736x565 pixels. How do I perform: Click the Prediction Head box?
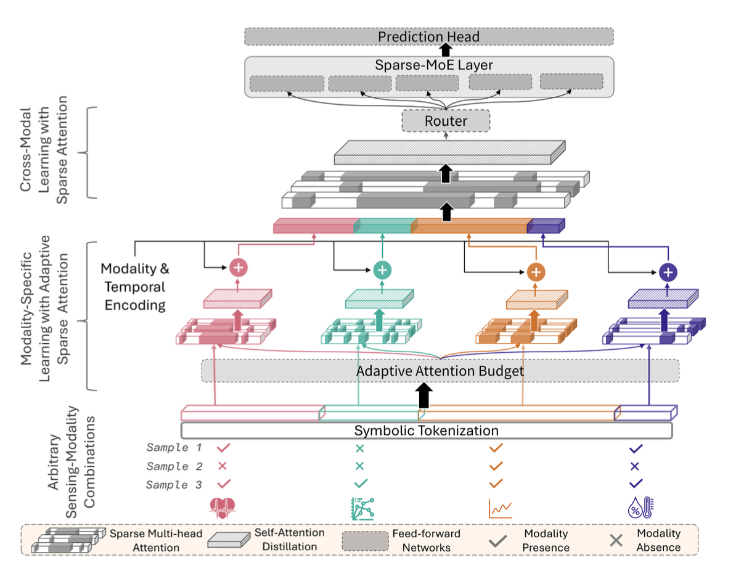click(428, 36)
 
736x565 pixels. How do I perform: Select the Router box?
click(445, 121)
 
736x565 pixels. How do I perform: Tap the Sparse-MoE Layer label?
click(428, 65)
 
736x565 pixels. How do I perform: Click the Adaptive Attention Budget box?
click(440, 371)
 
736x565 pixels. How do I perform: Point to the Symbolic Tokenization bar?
click(426, 431)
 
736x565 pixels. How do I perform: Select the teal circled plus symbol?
click(382, 270)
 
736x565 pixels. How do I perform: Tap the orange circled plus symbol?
click(536, 271)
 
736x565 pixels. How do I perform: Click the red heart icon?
click(223, 507)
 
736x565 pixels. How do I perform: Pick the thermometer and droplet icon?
click(640, 507)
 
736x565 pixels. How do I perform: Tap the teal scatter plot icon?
click(361, 507)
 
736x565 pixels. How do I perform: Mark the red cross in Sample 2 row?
click(223, 466)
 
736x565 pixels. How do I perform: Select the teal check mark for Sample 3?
click(361, 484)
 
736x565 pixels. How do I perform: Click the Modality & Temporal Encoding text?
click(134, 287)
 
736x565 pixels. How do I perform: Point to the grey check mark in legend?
click(498, 542)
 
